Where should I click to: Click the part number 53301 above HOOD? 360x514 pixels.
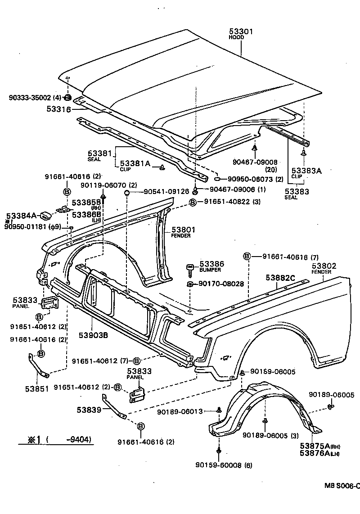tap(242, 32)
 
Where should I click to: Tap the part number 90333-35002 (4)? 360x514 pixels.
tap(31, 97)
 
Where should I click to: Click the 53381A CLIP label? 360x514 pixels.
tap(135, 164)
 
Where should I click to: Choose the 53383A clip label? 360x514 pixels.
tap(306, 171)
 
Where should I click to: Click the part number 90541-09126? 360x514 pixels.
tap(160, 191)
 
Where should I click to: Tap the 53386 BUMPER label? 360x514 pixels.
tap(211, 264)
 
